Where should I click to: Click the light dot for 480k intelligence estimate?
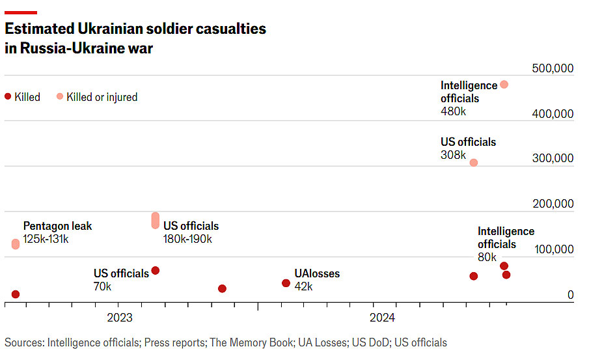[x=504, y=85]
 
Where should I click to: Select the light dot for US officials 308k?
[x=474, y=162]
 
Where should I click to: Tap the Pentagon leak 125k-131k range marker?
[x=16, y=244]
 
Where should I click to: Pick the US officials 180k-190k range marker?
[x=156, y=221]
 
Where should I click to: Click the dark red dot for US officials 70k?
[x=156, y=270]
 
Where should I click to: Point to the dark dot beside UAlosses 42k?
[x=286, y=283]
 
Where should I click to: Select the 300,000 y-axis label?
[x=553, y=159]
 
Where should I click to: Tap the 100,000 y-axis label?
[x=553, y=249]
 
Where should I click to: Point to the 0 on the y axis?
[x=570, y=295]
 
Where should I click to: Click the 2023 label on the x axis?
[x=119, y=318]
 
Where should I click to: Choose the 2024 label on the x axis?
[x=382, y=318]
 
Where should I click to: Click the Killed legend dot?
[x=8, y=96]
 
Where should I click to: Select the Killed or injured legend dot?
[x=60, y=96]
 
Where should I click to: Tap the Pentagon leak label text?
[x=58, y=227]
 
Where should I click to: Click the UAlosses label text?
[x=317, y=274]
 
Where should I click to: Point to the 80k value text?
[x=487, y=257]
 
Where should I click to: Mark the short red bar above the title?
[x=21, y=12]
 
